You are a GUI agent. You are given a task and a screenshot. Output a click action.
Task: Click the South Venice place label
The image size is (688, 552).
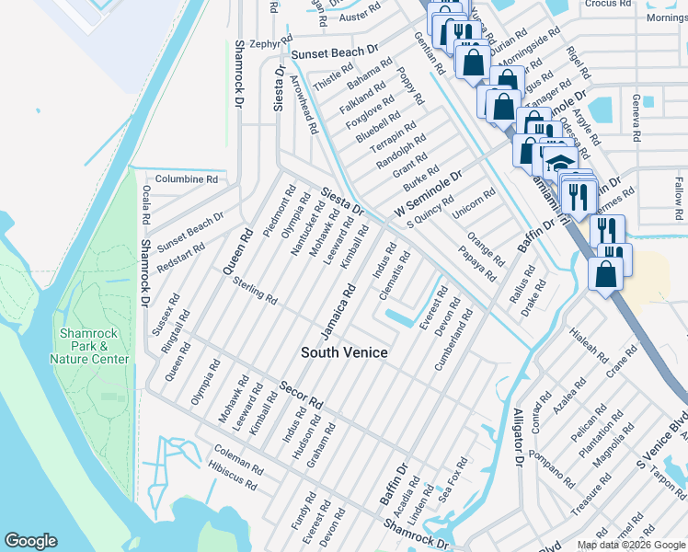point(345,352)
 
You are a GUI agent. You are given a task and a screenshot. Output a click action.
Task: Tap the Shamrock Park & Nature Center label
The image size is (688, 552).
point(94,346)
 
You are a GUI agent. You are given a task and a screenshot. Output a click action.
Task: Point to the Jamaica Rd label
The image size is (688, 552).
point(338,310)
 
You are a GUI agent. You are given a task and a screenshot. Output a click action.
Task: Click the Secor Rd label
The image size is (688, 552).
point(302,396)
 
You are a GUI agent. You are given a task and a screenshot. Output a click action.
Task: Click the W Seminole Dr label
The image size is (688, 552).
point(428,194)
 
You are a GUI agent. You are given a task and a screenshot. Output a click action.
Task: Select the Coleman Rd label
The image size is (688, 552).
point(238,455)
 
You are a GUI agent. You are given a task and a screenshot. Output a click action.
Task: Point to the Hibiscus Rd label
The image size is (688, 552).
point(235,470)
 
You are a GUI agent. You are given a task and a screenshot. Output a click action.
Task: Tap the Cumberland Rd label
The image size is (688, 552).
point(453,340)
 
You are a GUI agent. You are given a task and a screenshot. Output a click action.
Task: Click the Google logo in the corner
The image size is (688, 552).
point(30,541)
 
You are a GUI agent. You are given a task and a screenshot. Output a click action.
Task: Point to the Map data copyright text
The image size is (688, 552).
point(630,545)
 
